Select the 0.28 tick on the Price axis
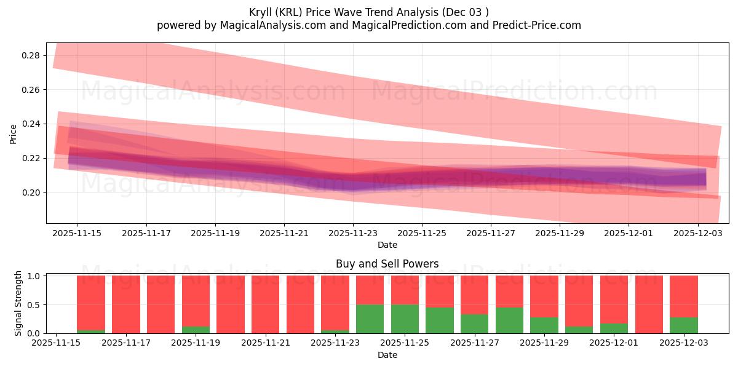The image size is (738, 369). pyautogui.click(x=30, y=55)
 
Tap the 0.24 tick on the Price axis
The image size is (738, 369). pyautogui.click(x=30, y=124)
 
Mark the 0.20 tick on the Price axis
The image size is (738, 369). pyautogui.click(x=30, y=192)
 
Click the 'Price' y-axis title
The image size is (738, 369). pyautogui.click(x=14, y=133)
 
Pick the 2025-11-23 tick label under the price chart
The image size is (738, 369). pyautogui.click(x=353, y=233)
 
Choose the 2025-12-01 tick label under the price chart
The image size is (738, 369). pyautogui.click(x=629, y=233)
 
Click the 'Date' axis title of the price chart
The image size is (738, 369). pyautogui.click(x=387, y=245)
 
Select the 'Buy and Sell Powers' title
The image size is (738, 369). pyautogui.click(x=387, y=264)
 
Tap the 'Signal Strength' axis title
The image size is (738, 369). pyautogui.click(x=18, y=303)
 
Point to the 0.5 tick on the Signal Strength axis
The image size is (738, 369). pyautogui.click(x=34, y=304)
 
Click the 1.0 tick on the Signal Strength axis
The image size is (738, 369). pyautogui.click(x=34, y=276)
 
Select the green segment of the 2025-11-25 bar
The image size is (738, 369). pyautogui.click(x=405, y=319)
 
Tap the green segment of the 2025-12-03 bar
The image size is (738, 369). pyautogui.click(x=684, y=325)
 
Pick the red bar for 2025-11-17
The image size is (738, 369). pyautogui.click(x=126, y=304)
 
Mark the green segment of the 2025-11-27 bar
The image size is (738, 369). pyautogui.click(x=474, y=323)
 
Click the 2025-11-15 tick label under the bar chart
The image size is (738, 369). pyautogui.click(x=56, y=343)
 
